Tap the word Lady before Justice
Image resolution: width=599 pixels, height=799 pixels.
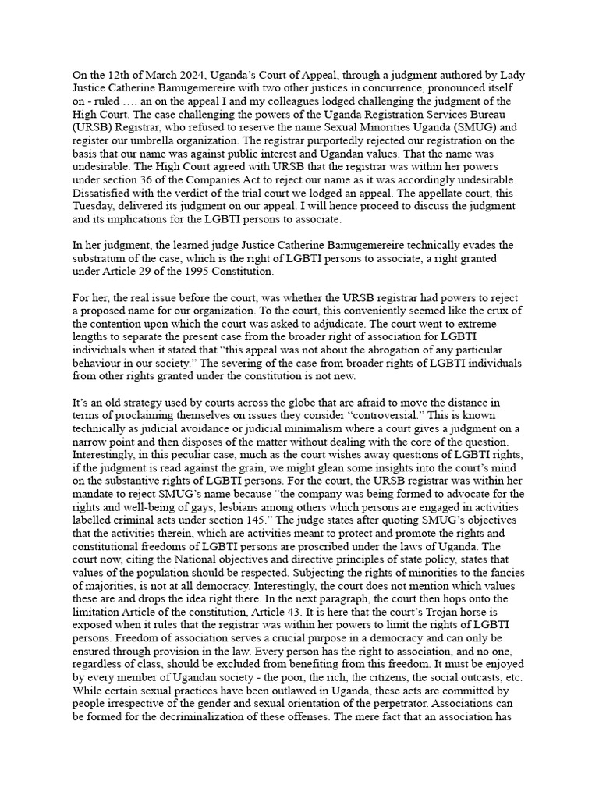click(x=511, y=76)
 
